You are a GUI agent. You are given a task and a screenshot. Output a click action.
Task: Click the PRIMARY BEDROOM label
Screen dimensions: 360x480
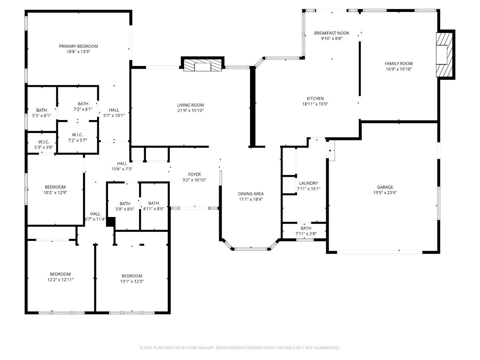click(x=78, y=46)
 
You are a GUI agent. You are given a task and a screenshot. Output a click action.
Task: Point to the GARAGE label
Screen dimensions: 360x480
click(x=385, y=187)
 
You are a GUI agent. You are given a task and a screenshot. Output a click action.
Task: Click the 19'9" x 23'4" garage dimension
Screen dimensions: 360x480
click(x=385, y=193)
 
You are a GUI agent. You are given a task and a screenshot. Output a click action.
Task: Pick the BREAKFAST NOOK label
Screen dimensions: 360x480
click(x=332, y=33)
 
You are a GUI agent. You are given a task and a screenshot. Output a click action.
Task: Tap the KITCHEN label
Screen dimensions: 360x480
click(x=315, y=98)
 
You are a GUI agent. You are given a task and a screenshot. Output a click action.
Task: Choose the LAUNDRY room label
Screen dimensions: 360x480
click(x=308, y=183)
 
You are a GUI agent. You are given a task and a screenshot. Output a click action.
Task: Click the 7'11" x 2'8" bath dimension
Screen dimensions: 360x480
click(x=306, y=234)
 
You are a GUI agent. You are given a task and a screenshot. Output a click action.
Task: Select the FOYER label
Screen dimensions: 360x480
click(x=194, y=174)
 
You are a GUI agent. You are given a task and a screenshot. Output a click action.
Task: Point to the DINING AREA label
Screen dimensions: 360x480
click(x=251, y=194)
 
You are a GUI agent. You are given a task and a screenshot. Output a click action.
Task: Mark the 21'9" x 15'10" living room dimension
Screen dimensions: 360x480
click(x=190, y=111)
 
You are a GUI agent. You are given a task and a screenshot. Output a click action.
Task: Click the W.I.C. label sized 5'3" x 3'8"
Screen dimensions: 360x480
click(x=44, y=142)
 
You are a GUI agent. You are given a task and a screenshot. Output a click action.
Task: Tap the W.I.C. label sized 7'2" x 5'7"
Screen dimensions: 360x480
click(x=77, y=135)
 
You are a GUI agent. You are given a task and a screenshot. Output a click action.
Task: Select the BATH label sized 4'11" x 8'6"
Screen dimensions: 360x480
click(x=153, y=203)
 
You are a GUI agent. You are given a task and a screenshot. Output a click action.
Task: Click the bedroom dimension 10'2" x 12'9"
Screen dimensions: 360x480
click(x=55, y=193)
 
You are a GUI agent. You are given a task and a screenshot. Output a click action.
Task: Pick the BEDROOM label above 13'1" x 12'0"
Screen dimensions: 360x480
click(x=132, y=276)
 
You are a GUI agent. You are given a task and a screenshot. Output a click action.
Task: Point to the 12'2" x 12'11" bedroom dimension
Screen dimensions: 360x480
click(x=60, y=280)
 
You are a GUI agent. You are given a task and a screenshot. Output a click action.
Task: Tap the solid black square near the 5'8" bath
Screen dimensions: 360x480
click(x=111, y=222)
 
